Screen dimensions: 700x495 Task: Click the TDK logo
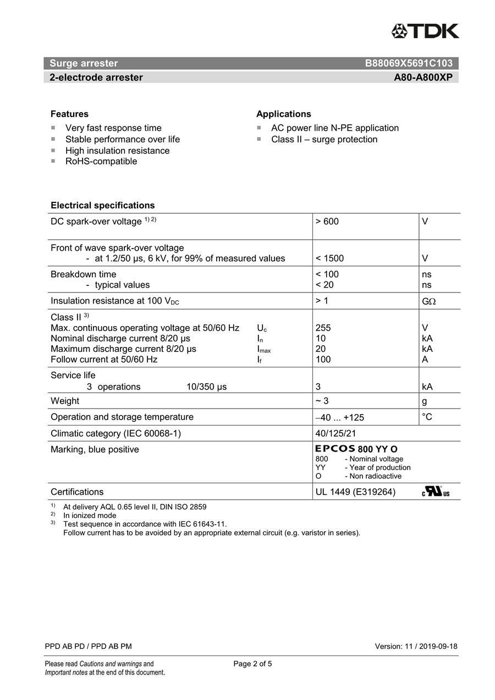pos(425,31)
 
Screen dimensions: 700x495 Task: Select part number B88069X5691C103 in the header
pos(409,63)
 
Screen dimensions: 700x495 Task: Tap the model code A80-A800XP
pos(423,78)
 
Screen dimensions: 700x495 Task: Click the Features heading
pos(69,114)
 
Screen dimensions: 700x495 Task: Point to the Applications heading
pos(283,114)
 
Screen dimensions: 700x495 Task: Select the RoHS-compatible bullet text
pos(101,161)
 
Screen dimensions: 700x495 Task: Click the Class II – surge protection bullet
pos(324,139)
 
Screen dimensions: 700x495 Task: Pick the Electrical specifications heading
pos(103,205)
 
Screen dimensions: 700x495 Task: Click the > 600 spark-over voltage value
pos(327,222)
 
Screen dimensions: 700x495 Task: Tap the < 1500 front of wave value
pos(329,258)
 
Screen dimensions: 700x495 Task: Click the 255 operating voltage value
pos(323,328)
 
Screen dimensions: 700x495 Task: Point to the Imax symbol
pos(263,349)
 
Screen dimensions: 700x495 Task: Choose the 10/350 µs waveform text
pos(206,387)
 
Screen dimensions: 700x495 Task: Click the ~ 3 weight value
pos(322,401)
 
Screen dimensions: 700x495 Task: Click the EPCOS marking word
pos(335,449)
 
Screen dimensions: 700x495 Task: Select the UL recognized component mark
pos(436,492)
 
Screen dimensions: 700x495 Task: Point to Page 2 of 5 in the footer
pos(252,664)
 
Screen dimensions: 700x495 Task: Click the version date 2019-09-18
pos(438,646)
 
